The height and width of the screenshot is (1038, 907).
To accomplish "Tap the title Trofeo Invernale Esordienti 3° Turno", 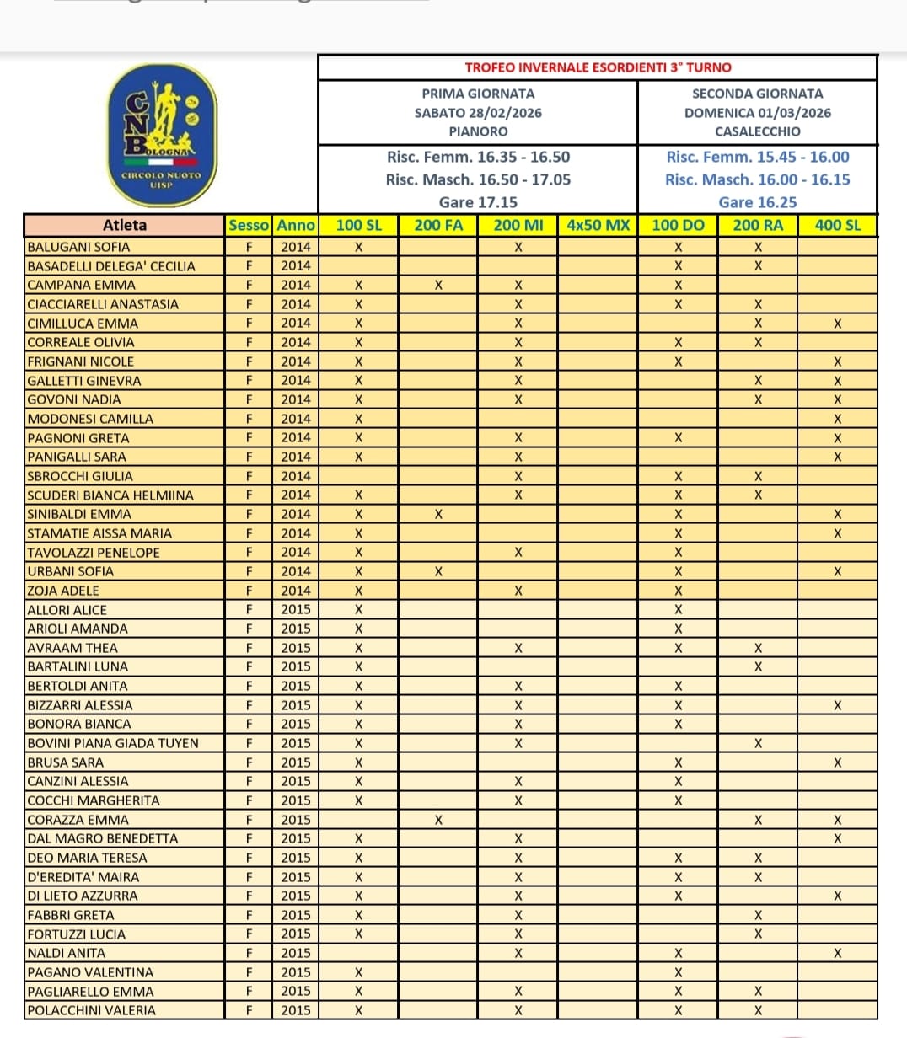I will click(598, 67).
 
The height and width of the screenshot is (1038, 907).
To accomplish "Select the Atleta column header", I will click(125, 225).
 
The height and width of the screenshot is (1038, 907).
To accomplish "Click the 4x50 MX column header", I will click(598, 225).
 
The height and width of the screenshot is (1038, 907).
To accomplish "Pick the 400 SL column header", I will click(837, 225).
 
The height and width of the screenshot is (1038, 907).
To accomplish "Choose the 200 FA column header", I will click(438, 225).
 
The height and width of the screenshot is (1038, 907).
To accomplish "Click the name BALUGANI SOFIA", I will click(78, 247).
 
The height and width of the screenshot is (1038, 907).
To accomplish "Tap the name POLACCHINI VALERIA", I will click(91, 1010).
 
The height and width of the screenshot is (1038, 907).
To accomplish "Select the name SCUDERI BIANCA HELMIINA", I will click(110, 495).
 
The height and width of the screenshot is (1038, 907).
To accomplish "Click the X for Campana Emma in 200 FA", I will click(438, 285).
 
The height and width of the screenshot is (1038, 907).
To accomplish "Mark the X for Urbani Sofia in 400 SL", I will click(837, 571).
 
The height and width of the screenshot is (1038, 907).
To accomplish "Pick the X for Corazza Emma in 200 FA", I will click(438, 820).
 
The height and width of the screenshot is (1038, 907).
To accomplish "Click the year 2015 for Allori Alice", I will click(296, 609).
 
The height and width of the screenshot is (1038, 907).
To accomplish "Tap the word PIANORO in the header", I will click(478, 131).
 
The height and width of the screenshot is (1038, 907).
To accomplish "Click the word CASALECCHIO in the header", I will click(757, 131).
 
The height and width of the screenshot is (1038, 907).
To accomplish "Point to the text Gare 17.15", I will click(478, 202).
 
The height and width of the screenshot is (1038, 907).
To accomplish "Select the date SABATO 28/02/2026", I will click(478, 113).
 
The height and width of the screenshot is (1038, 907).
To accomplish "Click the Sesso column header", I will click(249, 225).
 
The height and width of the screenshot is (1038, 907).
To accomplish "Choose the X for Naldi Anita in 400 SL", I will click(837, 953).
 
